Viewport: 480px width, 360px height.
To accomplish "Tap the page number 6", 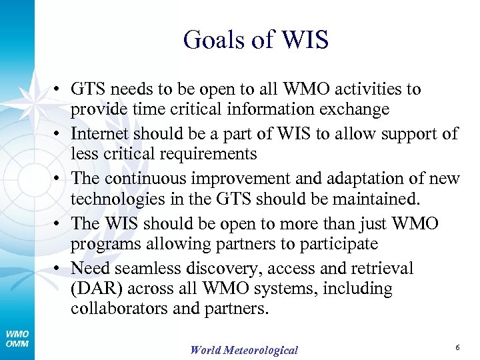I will click(457, 348).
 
